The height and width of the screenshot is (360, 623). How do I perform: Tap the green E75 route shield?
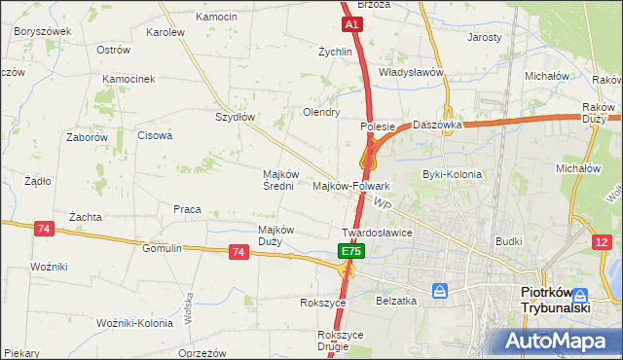[351, 251]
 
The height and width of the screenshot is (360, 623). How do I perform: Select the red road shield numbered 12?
[604, 241]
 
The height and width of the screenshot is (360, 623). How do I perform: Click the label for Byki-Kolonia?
[452, 174]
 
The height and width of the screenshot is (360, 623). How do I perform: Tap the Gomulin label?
[162, 248]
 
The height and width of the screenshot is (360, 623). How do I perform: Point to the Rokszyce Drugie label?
[340, 341]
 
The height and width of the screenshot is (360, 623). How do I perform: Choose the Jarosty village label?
[485, 37]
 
